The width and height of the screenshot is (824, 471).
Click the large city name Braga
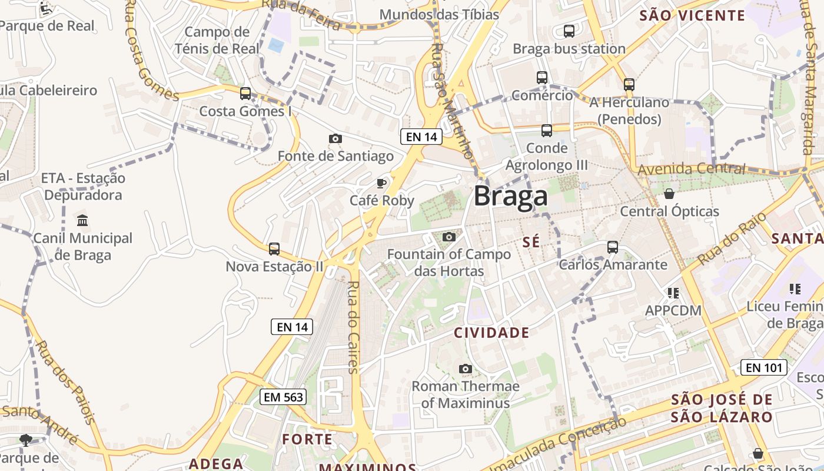coord(510,196)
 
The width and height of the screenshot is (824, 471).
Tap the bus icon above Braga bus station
coord(569,31)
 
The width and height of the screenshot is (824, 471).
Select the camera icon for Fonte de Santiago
coord(335,138)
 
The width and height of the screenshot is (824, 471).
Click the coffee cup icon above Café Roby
coord(381,183)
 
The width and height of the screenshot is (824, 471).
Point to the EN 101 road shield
coord(763,368)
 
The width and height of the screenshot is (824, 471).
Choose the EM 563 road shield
coord(283,397)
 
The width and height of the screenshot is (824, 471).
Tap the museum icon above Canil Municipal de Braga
coord(82,221)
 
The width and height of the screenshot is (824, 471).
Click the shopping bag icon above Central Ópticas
coord(669,194)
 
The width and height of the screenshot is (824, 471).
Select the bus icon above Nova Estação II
coord(274,249)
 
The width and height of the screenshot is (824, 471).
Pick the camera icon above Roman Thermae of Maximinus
coord(466,369)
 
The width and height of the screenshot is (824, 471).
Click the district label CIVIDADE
coord(491,333)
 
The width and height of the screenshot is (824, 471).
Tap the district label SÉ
coord(531,241)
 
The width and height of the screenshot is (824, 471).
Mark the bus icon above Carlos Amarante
coord(613,247)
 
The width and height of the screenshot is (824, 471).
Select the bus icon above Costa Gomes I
coord(245,94)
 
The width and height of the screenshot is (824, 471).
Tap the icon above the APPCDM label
coord(673,293)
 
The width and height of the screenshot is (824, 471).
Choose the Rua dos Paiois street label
coord(65,381)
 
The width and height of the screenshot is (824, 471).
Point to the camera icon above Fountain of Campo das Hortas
coord(449,237)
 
